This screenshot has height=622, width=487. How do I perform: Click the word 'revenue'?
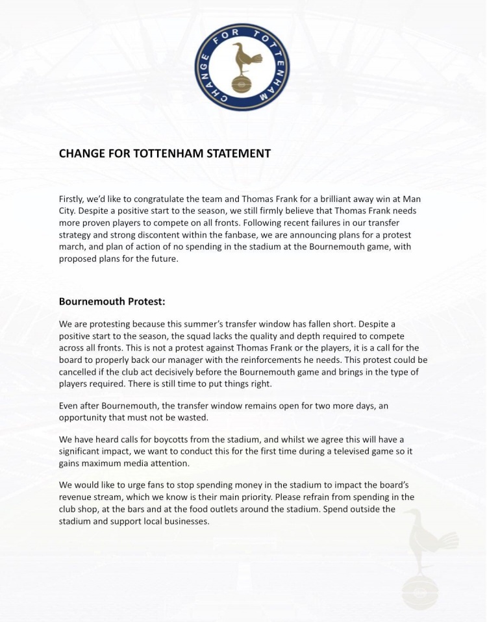click(77, 497)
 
